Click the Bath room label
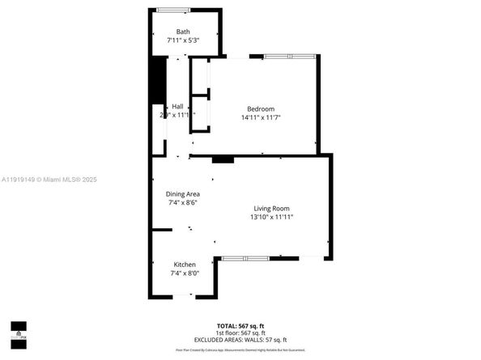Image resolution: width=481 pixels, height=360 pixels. pyautogui.click(x=183, y=32)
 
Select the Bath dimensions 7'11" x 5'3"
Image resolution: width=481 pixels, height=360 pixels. pyautogui.click(x=183, y=40)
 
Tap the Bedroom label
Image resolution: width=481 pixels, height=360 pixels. pyautogui.click(x=261, y=109)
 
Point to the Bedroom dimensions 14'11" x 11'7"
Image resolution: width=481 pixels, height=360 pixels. pyautogui.click(x=261, y=118)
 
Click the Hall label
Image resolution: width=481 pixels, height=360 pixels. pyautogui.click(x=177, y=106)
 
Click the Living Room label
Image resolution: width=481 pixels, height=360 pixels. pyautogui.click(x=270, y=209)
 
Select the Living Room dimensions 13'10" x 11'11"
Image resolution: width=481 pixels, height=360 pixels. pyautogui.click(x=270, y=218)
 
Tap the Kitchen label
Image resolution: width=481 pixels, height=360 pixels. pyautogui.click(x=185, y=265)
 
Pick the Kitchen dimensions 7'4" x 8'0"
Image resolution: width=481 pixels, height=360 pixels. pyautogui.click(x=185, y=273)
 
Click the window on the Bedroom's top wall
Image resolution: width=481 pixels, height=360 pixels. pyautogui.click(x=289, y=56)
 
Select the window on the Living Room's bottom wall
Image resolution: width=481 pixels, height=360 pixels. pyautogui.click(x=245, y=258)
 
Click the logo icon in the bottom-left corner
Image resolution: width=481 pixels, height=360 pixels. pyautogui.click(x=18, y=332)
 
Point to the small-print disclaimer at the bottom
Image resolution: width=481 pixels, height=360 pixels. pyautogui.click(x=240, y=349)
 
